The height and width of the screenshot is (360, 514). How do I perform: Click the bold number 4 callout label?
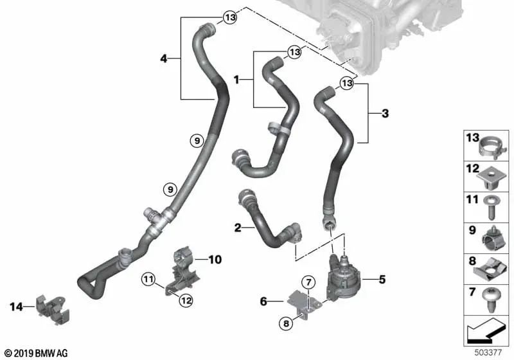pos(164,59)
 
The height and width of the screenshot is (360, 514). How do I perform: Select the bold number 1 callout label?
pos(236,80)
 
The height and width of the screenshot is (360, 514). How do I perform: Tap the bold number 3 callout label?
pos(385,113)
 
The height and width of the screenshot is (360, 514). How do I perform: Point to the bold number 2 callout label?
pos(238,228)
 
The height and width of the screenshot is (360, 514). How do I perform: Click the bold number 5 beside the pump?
pos(382,280)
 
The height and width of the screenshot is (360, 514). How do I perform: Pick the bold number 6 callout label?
pos(263,301)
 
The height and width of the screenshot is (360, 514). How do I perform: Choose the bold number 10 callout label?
pos(215,260)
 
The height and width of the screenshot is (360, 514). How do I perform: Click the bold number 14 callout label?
pos(16,307)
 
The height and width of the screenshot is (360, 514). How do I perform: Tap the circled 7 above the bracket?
pos(308,282)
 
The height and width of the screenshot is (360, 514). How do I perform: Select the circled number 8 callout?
pos(286,324)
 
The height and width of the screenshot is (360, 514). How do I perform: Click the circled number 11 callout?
pos(148,280)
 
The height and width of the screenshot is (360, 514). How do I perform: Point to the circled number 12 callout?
pos(186,300)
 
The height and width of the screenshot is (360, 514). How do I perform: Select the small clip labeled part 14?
pos(53,309)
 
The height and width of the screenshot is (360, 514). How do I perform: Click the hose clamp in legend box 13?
pos(492,148)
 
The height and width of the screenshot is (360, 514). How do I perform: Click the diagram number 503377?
pos(488,352)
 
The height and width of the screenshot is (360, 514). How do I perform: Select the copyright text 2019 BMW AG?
pos(37,353)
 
